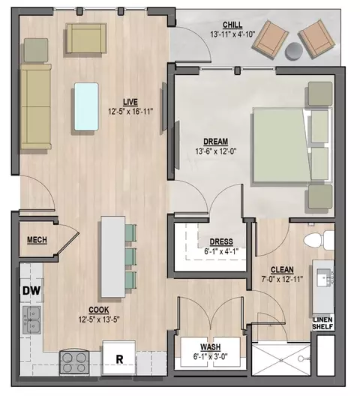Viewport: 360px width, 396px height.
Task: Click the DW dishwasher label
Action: click(31, 290)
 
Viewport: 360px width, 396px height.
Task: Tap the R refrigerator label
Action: click(119, 359)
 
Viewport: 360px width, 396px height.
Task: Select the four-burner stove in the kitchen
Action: click(74, 363)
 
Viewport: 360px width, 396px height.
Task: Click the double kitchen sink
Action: click(31, 320)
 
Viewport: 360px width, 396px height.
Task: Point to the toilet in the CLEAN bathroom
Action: click(319, 240)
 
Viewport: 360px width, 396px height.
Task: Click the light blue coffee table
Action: click(86, 106)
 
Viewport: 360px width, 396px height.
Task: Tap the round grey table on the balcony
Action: click(293, 51)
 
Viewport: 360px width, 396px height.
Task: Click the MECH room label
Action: click(37, 240)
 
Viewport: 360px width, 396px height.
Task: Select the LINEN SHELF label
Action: click(322, 323)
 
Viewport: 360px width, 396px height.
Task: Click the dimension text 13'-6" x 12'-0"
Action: click(216, 151)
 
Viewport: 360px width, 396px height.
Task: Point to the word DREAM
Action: click(216, 142)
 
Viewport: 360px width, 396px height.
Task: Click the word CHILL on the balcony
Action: click(232, 25)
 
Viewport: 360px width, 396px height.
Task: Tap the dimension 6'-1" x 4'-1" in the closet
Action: click(221, 251)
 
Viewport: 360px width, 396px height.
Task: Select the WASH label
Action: click(211, 347)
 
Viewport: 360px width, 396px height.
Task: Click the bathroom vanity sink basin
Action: click(324, 277)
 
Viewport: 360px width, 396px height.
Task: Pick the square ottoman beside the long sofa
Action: click(36, 50)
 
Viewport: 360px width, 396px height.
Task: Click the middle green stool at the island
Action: click(130, 256)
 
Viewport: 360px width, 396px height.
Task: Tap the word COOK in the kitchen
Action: click(99, 310)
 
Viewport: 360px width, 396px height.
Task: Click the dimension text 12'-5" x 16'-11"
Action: click(130, 111)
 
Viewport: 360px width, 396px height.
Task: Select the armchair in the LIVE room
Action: click(86, 38)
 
